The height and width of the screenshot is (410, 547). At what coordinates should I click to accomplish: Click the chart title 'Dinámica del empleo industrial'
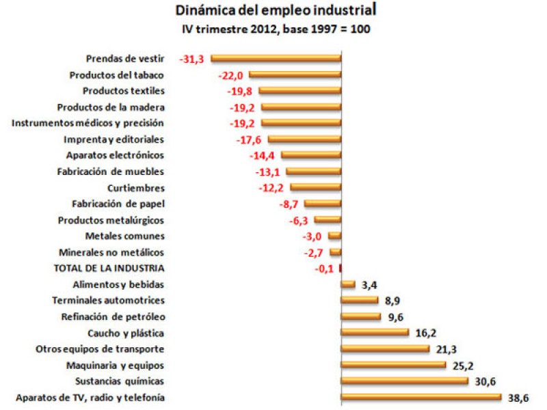tap(276, 11)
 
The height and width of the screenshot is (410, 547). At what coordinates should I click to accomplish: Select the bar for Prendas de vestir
tap(276, 59)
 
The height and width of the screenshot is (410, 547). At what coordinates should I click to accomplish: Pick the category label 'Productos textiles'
tap(124, 91)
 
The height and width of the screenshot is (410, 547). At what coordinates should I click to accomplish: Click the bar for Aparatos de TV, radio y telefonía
tap(421, 397)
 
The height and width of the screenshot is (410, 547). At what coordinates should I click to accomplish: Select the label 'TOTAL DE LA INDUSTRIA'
tap(113, 269)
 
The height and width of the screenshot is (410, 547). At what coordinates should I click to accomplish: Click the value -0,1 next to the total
tap(325, 269)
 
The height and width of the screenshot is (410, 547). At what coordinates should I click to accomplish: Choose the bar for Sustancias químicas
tap(404, 381)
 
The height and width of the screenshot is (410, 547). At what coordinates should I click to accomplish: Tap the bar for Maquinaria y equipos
tap(393, 365)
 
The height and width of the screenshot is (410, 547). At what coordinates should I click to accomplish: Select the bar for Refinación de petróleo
tap(361, 316)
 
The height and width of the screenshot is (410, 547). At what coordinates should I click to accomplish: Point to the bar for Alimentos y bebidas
tap(348, 284)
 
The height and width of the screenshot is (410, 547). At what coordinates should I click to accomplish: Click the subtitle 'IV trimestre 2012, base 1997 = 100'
tap(276, 29)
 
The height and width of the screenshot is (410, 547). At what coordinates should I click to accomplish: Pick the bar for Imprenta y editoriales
tap(304, 139)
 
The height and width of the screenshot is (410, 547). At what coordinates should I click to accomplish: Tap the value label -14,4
tap(266, 155)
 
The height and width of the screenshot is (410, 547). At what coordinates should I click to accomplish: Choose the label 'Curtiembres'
tap(136, 188)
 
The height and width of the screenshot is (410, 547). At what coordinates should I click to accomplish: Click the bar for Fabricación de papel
tap(323, 204)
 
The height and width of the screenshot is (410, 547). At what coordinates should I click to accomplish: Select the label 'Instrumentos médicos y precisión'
tap(89, 123)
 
